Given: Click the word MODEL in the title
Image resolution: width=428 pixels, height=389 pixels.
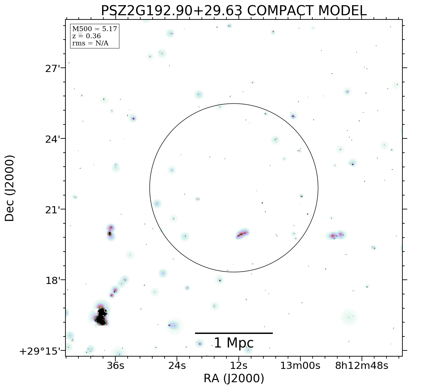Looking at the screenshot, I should tap(342, 11).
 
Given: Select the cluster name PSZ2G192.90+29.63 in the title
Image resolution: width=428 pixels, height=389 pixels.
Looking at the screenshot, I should tap(171, 11).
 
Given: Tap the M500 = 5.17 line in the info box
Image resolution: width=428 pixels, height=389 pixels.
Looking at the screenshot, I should tap(94, 29).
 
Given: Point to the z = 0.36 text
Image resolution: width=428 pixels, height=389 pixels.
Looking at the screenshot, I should tap(86, 36).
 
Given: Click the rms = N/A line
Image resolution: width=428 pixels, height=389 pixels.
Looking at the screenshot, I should tap(90, 43).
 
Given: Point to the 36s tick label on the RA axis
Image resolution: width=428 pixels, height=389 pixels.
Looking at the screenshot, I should tap(116, 366).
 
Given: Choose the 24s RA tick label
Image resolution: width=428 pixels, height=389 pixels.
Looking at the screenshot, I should tap(177, 366).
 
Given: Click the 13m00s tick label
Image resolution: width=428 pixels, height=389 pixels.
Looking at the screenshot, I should tap(300, 366).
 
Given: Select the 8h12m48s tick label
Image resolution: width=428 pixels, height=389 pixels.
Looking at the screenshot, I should tap(362, 366).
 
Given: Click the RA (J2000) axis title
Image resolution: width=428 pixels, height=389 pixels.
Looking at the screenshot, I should tap(234, 378).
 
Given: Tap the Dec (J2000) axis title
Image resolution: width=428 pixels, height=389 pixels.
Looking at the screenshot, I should tap(10, 188).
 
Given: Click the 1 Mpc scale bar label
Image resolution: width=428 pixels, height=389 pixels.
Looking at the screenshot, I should tap(234, 343).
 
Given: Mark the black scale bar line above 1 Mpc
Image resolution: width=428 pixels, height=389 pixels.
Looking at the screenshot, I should tap(234, 333).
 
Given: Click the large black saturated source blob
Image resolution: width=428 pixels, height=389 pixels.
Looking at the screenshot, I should tap(102, 317).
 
